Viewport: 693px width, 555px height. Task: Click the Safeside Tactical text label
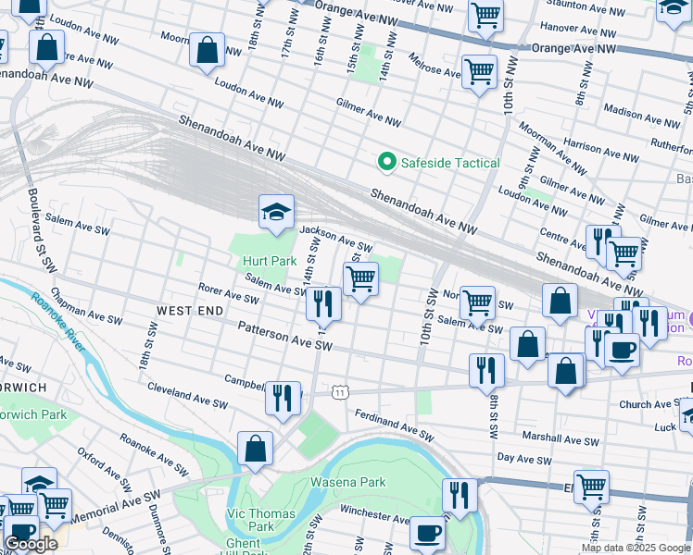(x=450, y=163)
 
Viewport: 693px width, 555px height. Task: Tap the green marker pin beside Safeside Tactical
(x=387, y=163)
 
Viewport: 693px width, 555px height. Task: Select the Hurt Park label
(x=270, y=262)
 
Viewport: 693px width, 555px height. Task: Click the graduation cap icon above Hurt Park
(x=275, y=214)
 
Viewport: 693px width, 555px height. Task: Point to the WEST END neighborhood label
(x=190, y=311)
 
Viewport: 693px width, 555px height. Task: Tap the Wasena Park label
(x=347, y=482)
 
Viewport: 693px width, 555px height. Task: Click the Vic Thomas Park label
(x=261, y=520)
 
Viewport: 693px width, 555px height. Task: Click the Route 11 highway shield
(x=341, y=392)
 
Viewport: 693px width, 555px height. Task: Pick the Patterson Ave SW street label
(x=284, y=335)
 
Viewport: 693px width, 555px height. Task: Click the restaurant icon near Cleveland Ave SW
(x=283, y=398)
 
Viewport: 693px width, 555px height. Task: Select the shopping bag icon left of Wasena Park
(x=255, y=450)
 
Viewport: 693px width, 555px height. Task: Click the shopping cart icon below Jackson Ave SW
(x=360, y=277)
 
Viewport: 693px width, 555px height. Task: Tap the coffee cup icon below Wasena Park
(x=427, y=534)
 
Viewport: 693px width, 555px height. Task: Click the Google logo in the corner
(x=31, y=544)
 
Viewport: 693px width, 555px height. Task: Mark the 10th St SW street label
(x=430, y=314)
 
